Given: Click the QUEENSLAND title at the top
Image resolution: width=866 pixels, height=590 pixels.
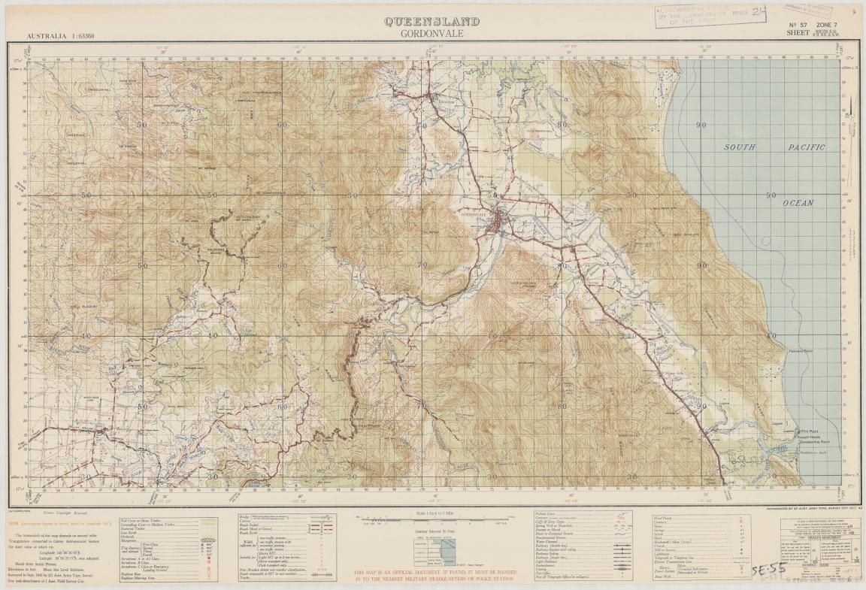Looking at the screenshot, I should (x=431, y=22).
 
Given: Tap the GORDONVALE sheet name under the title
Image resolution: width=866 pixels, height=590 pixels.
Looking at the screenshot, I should (x=431, y=34).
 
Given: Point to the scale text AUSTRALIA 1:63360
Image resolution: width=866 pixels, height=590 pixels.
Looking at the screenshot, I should (x=65, y=36).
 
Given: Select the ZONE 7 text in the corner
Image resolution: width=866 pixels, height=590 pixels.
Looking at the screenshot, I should (x=821, y=25).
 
